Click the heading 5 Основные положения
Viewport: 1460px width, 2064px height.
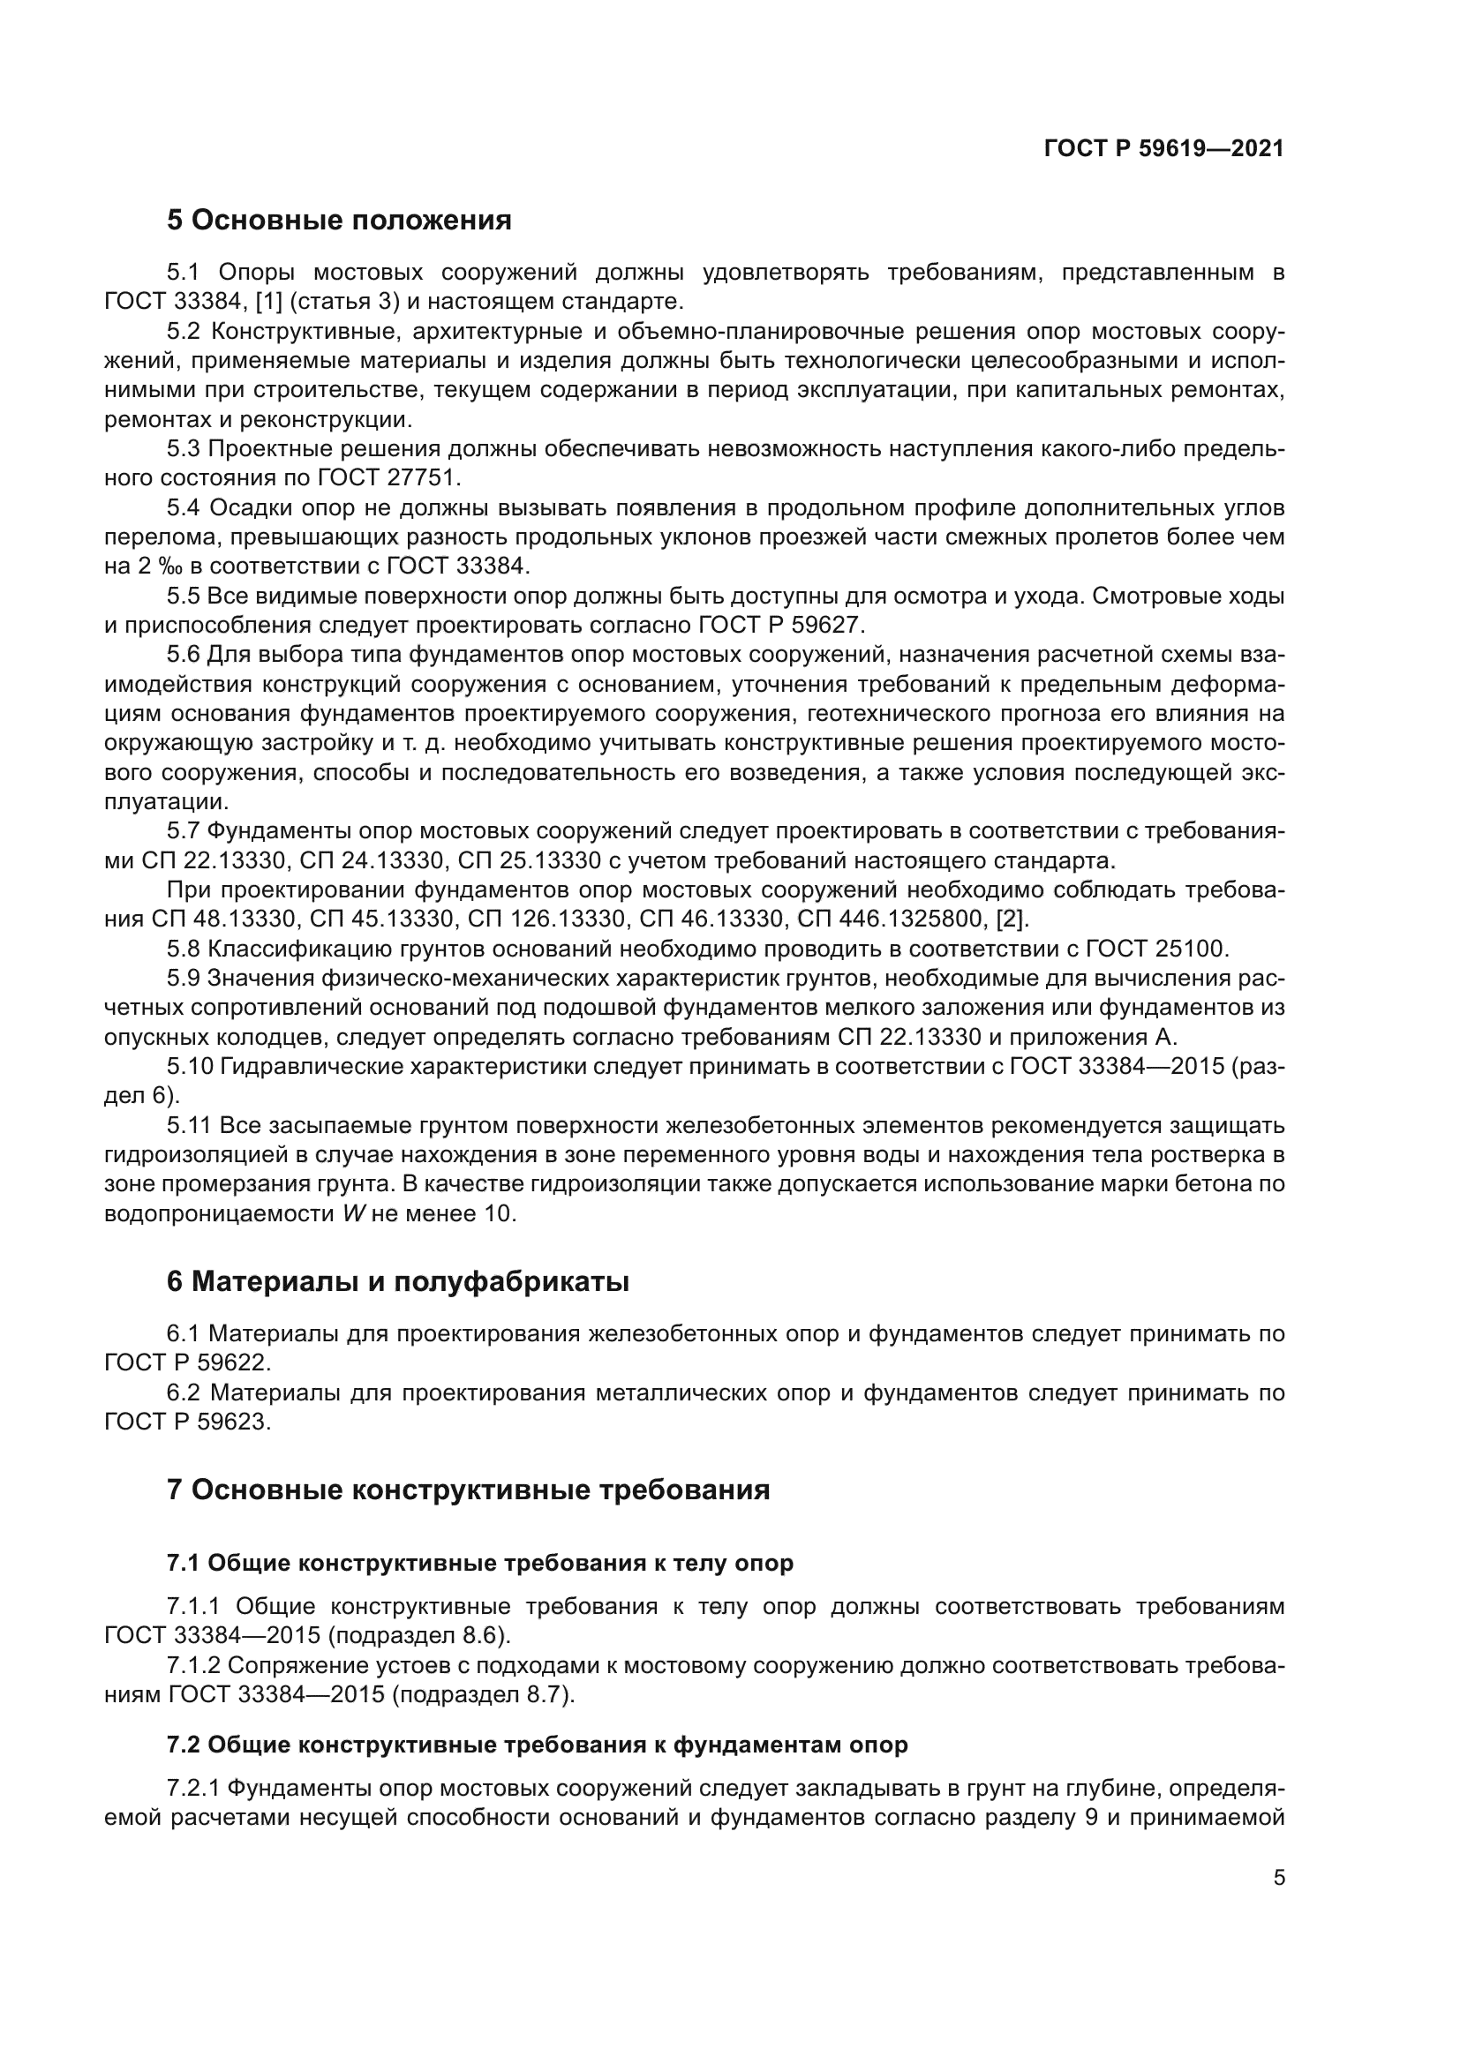tap(339, 221)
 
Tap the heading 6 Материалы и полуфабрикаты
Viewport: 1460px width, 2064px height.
tap(397, 1282)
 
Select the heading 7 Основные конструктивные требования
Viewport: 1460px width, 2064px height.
tap(468, 1490)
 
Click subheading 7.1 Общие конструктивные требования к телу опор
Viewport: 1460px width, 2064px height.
tap(479, 1564)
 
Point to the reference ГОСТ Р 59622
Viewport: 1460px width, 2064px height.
tap(186, 1362)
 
